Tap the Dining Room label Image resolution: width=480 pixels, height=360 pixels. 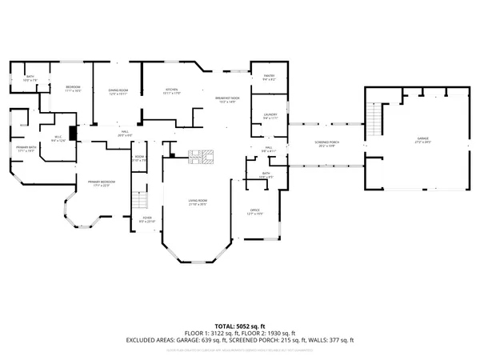pos(118,92)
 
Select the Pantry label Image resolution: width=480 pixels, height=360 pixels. pos(269,78)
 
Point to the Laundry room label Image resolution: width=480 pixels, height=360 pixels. pos(270,116)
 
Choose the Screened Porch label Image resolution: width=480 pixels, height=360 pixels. pos(326,144)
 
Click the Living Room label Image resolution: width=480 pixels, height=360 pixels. pos(198,202)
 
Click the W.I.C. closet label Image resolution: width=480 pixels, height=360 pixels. pos(58,139)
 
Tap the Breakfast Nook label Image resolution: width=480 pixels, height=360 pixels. pos(226,100)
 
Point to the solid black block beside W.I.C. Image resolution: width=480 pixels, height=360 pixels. pos(73,134)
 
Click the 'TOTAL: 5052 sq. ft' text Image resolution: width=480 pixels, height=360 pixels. pos(240,326)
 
